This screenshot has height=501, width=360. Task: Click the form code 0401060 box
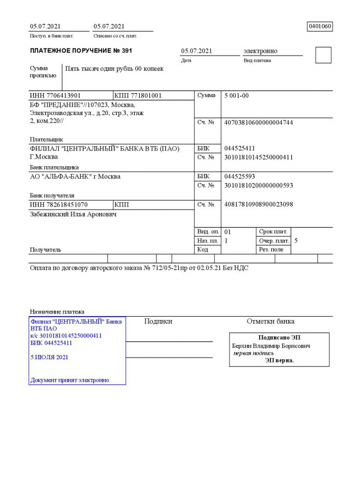(320, 26)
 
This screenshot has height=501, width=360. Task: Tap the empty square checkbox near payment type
(323, 55)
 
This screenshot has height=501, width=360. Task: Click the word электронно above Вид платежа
(260, 51)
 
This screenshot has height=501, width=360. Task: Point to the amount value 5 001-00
(237, 95)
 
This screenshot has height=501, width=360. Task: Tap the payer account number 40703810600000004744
(259, 122)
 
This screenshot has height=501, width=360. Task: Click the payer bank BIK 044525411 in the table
(239, 148)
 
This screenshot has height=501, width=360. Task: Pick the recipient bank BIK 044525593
(239, 177)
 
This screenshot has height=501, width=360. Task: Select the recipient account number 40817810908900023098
(259, 204)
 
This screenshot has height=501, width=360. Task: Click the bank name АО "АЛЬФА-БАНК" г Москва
(75, 177)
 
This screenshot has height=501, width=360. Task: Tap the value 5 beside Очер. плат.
(296, 240)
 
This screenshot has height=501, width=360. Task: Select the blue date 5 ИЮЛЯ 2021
(50, 358)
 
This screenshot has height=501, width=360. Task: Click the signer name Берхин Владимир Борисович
(271, 346)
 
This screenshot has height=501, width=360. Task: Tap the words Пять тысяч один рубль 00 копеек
(114, 69)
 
